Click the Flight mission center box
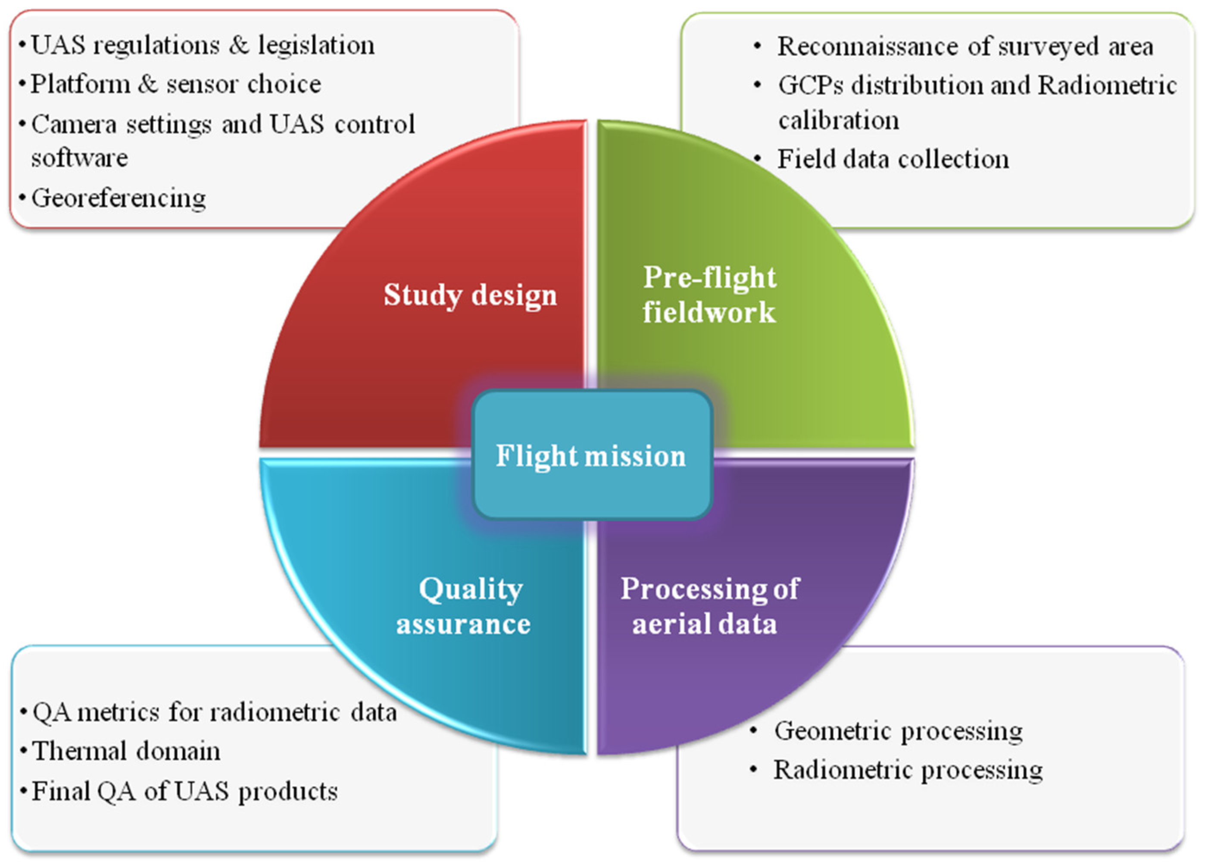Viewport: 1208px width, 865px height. point(591,455)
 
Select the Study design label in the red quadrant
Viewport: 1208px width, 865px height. point(470,295)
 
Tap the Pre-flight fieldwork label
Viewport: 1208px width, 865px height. point(709,294)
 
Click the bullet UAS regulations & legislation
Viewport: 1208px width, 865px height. point(202,45)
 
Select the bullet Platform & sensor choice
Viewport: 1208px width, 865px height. point(176,84)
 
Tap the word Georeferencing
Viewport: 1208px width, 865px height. point(118,198)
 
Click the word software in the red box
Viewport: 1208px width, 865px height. point(79,158)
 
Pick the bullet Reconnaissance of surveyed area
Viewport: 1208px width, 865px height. point(965,46)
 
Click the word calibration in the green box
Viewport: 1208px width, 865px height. point(839,120)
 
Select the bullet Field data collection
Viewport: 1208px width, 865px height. point(893,159)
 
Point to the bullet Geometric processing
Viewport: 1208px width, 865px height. point(898,731)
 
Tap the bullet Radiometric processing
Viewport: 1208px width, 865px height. point(908,770)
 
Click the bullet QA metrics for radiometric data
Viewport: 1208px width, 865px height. point(214,712)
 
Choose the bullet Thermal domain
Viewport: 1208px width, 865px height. point(126,751)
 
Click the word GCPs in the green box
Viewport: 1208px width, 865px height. point(810,85)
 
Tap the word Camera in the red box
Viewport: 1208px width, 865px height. point(73,124)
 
